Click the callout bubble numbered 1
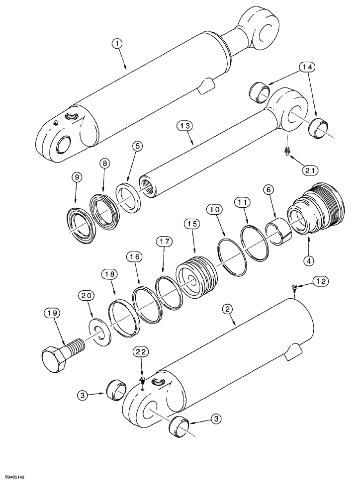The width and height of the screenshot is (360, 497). (117, 45)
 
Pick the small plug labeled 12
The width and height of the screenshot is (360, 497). (294, 289)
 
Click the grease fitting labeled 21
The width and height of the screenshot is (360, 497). (286, 151)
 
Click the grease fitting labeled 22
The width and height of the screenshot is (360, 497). (142, 382)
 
